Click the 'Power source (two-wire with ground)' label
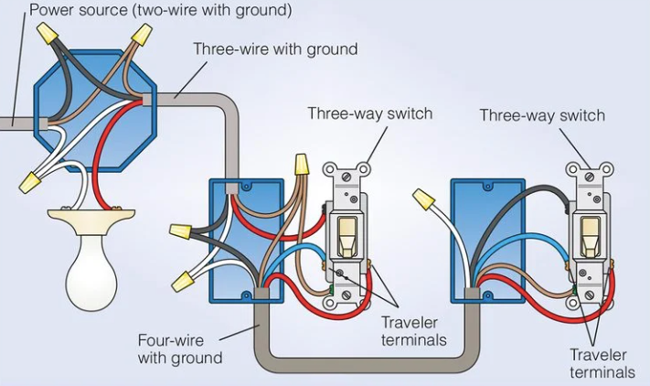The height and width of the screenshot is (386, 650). point(160,11)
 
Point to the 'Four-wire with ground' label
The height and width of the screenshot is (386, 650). point(179,348)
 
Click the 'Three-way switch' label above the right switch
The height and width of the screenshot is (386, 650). point(542,115)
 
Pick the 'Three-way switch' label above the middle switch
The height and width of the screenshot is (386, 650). point(369,113)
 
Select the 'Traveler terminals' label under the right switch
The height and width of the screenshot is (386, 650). point(602,363)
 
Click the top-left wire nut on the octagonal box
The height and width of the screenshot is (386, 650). point(47,35)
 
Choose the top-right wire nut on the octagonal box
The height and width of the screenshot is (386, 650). point(140,36)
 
